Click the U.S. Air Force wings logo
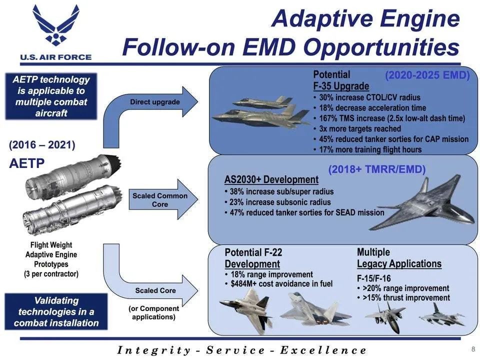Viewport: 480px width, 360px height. [56, 25]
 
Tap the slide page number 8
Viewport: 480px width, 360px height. [473, 349]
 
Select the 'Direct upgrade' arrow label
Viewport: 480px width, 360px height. [155, 102]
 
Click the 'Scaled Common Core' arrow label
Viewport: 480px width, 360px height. [160, 200]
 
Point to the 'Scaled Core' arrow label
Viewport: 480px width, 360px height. [155, 290]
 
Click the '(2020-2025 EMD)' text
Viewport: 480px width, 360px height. [427, 75]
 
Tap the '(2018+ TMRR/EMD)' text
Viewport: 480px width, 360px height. [377, 169]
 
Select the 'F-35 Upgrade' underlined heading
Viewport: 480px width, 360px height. [341, 86]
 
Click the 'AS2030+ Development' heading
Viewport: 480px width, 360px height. [271, 179]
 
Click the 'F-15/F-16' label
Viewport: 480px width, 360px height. [374, 278]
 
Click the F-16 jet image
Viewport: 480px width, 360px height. [441, 315]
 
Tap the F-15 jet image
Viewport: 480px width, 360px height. [386, 317]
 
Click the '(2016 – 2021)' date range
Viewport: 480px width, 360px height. [42, 145]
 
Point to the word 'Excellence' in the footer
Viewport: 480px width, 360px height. [323, 350]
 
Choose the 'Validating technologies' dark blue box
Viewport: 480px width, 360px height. [56, 311]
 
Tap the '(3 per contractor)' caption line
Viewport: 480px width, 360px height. [51, 273]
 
